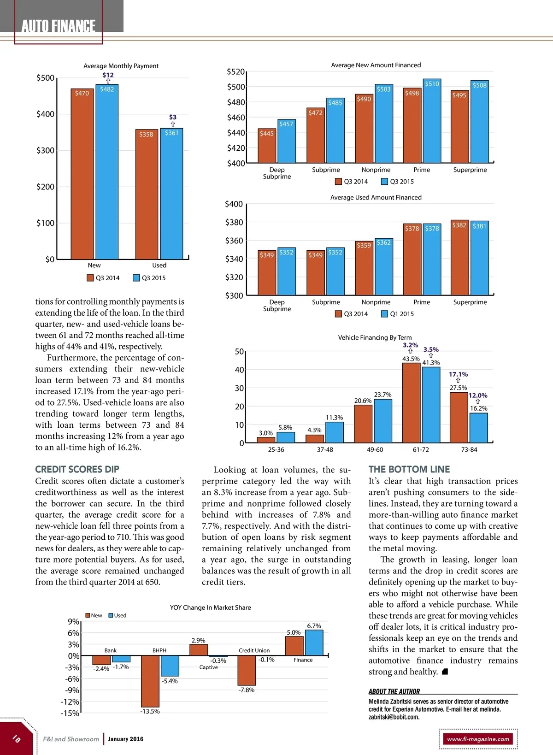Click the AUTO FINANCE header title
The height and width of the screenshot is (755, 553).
coord(59,26)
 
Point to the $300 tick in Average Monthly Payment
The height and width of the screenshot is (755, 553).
coord(45,150)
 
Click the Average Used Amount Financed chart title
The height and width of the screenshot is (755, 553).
coord(376,197)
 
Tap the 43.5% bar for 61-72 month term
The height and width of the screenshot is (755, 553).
coord(411,403)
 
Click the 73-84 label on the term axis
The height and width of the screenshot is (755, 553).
coord(469,449)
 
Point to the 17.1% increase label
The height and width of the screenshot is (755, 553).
coord(458,374)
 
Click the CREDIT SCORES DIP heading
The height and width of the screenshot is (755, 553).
coord(77,469)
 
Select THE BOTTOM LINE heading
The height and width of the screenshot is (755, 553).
coord(409,469)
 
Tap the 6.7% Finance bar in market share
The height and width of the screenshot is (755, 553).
coord(314,643)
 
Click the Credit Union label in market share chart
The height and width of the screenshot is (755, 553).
coord(254,650)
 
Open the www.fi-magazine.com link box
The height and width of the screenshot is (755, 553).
coord(478,739)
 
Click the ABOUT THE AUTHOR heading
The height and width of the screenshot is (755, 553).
coord(394,691)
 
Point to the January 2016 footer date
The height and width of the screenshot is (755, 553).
coord(125,739)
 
